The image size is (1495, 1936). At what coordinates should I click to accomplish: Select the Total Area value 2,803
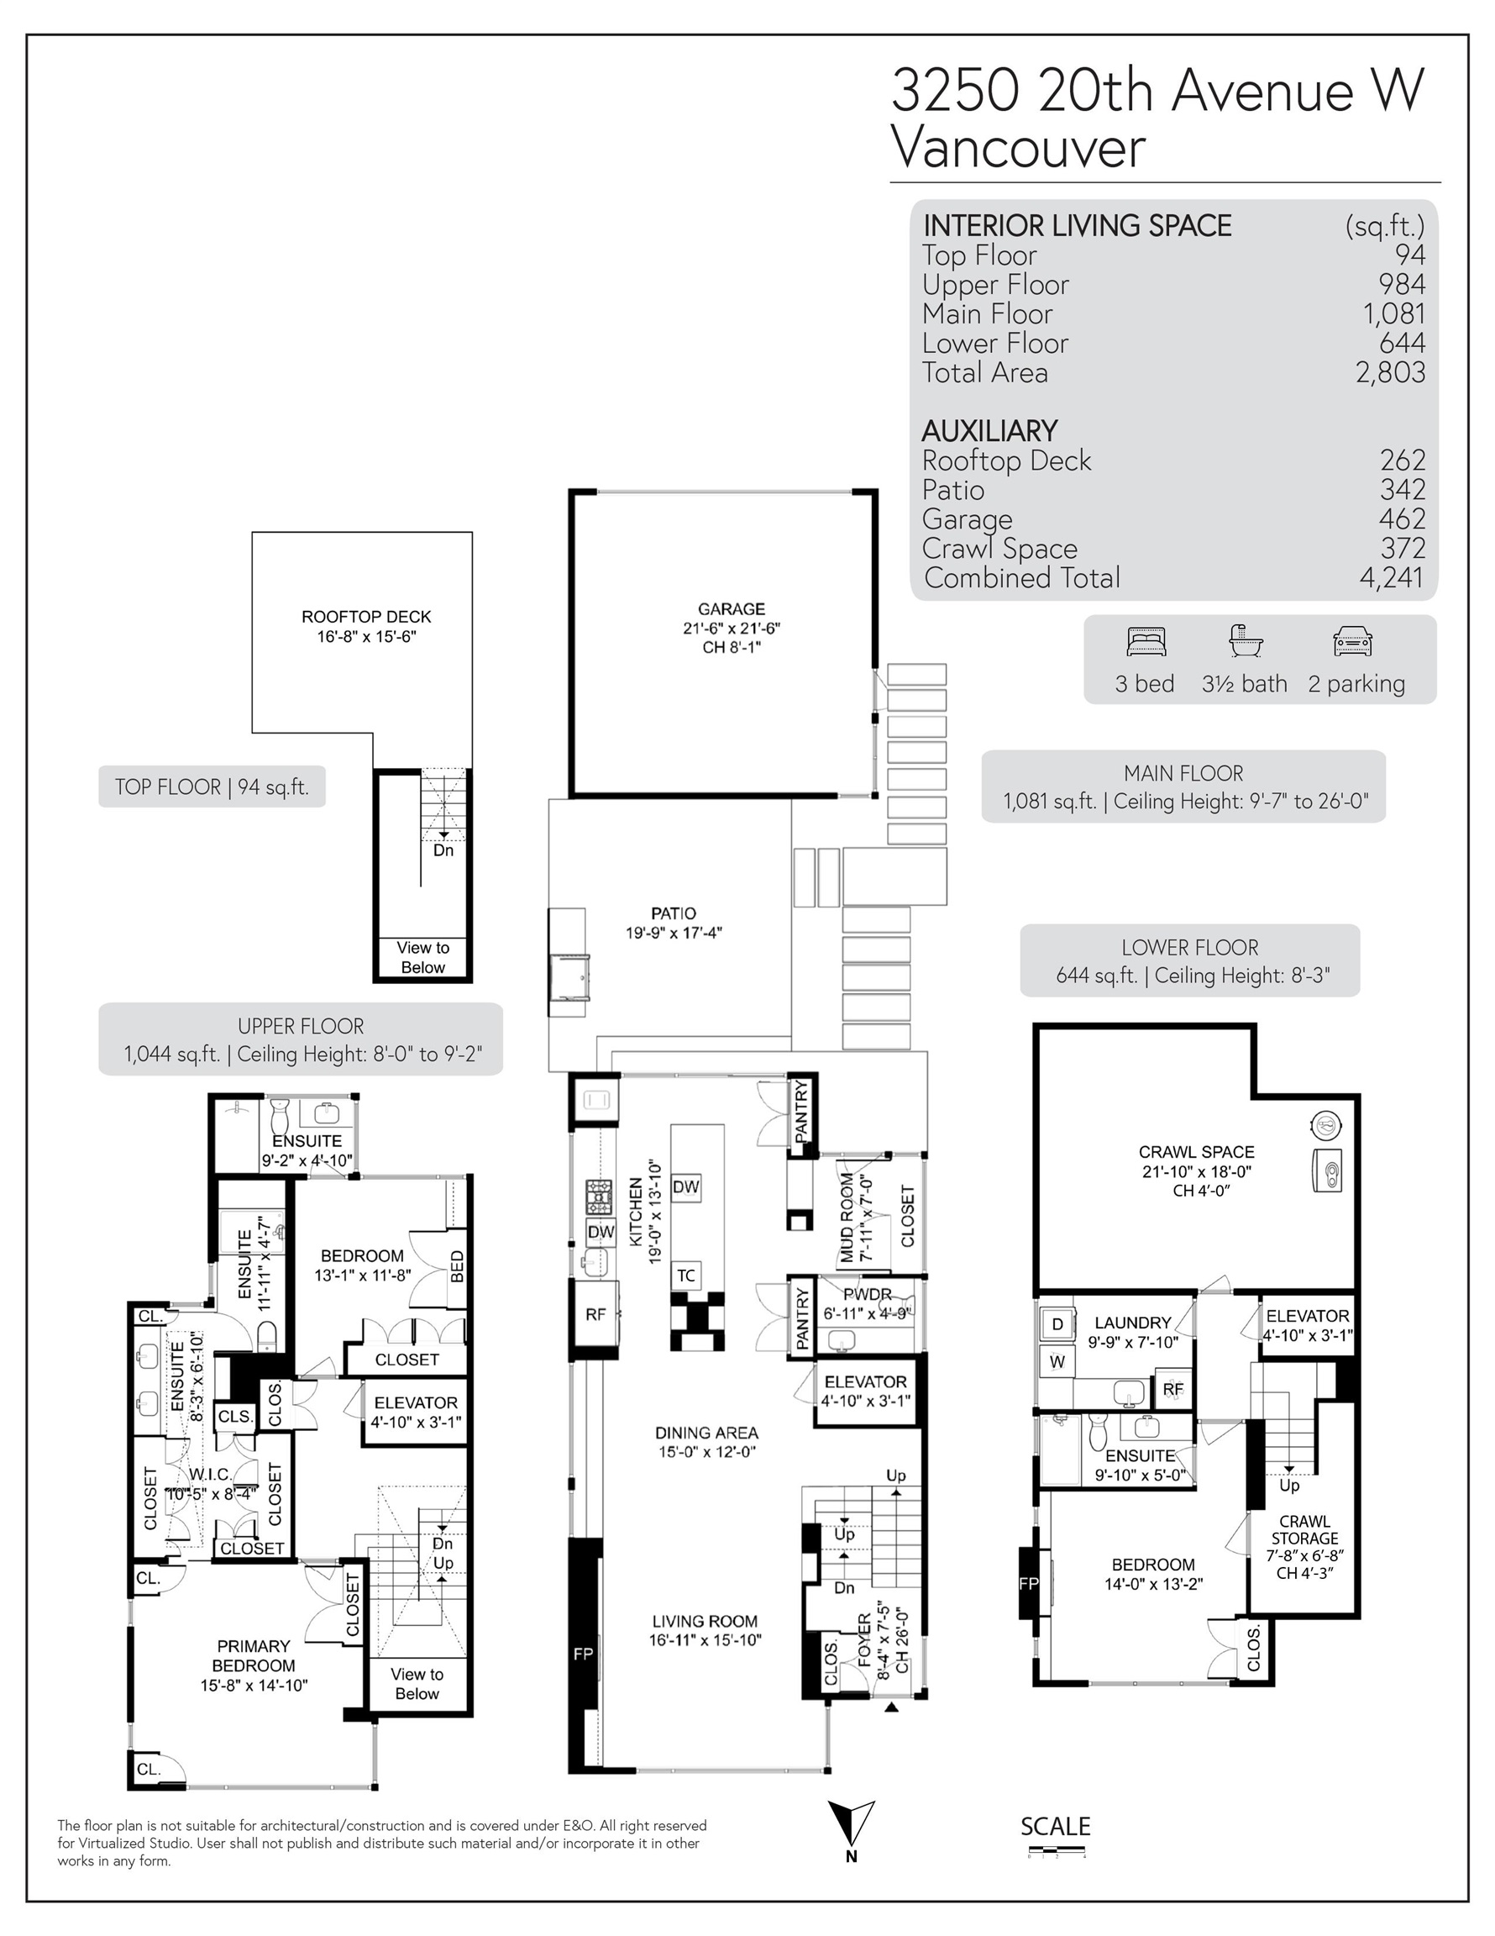pos(1389,373)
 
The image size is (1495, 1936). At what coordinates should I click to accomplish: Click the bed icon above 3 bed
pos(1146,641)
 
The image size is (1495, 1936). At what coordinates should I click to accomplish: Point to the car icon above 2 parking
pos(1352,641)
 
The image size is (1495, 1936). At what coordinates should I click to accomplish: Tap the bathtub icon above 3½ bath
pos(1245,640)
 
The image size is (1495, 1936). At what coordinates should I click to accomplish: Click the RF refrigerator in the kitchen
pos(595,1314)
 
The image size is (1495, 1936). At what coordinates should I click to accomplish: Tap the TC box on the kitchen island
pos(686,1276)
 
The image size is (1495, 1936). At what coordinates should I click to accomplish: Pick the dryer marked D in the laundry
pos(1057,1324)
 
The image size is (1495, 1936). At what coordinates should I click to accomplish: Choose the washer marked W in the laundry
pos(1057,1361)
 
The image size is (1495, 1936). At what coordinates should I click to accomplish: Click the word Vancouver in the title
pos(1018,147)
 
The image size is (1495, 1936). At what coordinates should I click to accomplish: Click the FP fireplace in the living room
pos(583,1653)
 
